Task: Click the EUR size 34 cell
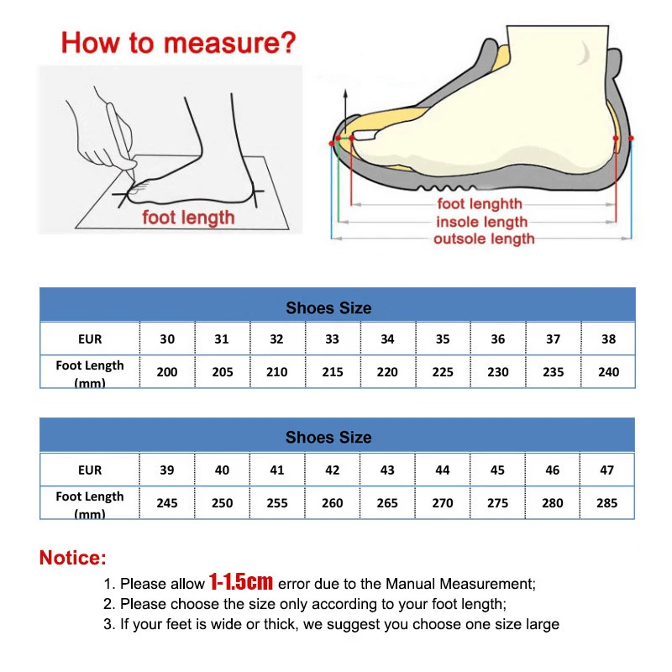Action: tap(387, 339)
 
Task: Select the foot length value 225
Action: tap(443, 372)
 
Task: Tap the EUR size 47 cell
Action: tap(606, 470)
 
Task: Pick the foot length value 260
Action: tap(332, 503)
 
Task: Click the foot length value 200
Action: tap(167, 372)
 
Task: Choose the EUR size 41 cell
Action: tap(277, 470)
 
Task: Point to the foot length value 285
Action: tap(606, 503)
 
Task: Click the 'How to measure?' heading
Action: tap(179, 42)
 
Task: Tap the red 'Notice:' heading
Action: tap(73, 558)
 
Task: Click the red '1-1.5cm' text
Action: tap(241, 582)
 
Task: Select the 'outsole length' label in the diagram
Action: tap(484, 239)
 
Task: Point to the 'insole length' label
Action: tap(481, 222)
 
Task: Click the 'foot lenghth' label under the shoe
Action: tap(480, 204)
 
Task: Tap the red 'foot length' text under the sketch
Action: tap(188, 218)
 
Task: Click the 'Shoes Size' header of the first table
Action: tap(328, 308)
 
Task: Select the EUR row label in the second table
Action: tap(90, 470)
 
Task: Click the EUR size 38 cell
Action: tap(608, 339)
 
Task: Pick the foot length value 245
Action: tap(167, 503)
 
